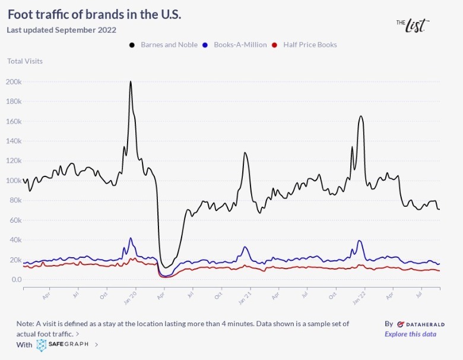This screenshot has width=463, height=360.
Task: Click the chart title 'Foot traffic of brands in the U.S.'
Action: coord(94,14)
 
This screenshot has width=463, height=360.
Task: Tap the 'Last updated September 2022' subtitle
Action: coord(61,30)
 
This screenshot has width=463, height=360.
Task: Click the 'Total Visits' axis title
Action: coord(25,61)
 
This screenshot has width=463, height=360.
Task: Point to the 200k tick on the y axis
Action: coord(14,81)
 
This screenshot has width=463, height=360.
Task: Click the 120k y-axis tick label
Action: coord(14,160)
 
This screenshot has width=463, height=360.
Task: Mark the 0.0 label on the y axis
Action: coord(16,279)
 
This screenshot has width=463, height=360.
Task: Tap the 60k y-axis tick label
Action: coord(15,220)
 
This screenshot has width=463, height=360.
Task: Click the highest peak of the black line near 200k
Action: coord(131,82)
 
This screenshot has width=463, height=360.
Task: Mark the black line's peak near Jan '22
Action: coord(360,116)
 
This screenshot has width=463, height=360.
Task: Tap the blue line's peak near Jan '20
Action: coord(131,238)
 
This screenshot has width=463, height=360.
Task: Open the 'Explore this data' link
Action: coord(410,334)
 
